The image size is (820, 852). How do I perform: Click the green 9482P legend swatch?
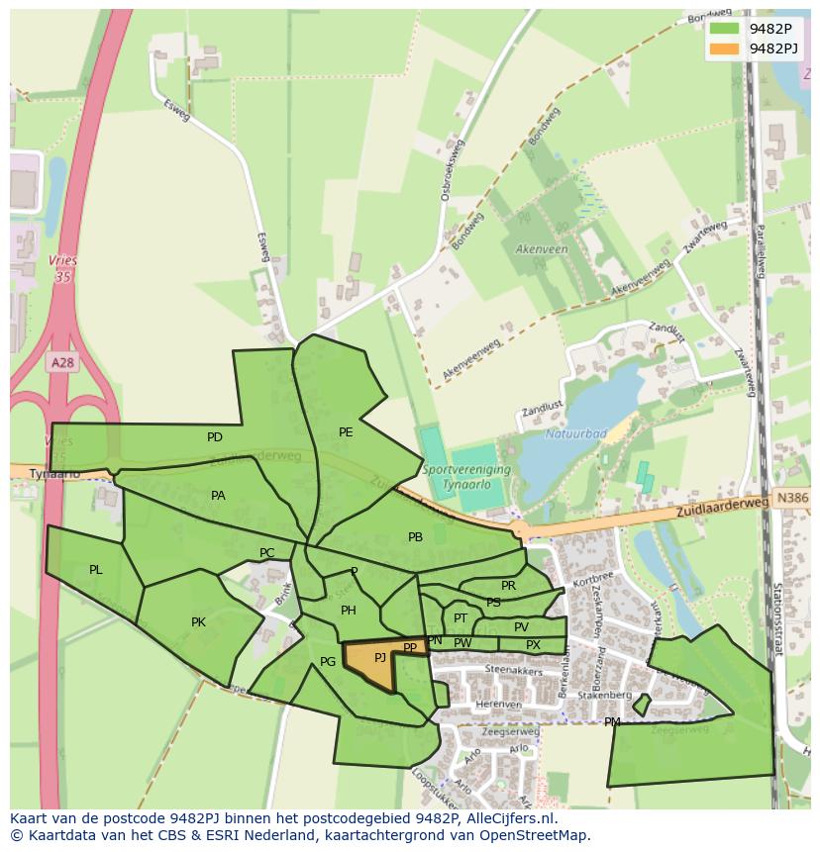coord(724,28)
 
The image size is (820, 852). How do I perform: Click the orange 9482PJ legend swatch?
coord(724,48)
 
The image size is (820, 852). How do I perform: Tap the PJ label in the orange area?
coord(379,658)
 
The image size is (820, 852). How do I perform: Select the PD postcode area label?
coord(215,437)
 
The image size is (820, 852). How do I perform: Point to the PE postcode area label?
coord(346,432)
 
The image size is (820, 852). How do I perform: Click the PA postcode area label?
coord(218,496)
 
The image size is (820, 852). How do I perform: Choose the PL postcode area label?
coord(96,570)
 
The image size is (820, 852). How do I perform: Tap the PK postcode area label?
coord(198,622)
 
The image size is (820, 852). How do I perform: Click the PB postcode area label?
coord(415,537)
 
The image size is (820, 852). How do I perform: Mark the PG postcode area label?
coord(328,662)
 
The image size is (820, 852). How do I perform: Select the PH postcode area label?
coord(348,611)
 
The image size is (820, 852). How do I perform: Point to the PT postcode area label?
coord(460,618)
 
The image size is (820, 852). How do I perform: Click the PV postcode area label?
coord(521,627)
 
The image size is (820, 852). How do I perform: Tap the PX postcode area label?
coord(533,645)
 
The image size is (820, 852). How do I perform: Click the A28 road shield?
coord(62,363)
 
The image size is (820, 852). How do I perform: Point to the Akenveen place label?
coord(541,249)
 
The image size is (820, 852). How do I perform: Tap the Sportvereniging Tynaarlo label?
coord(466,476)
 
